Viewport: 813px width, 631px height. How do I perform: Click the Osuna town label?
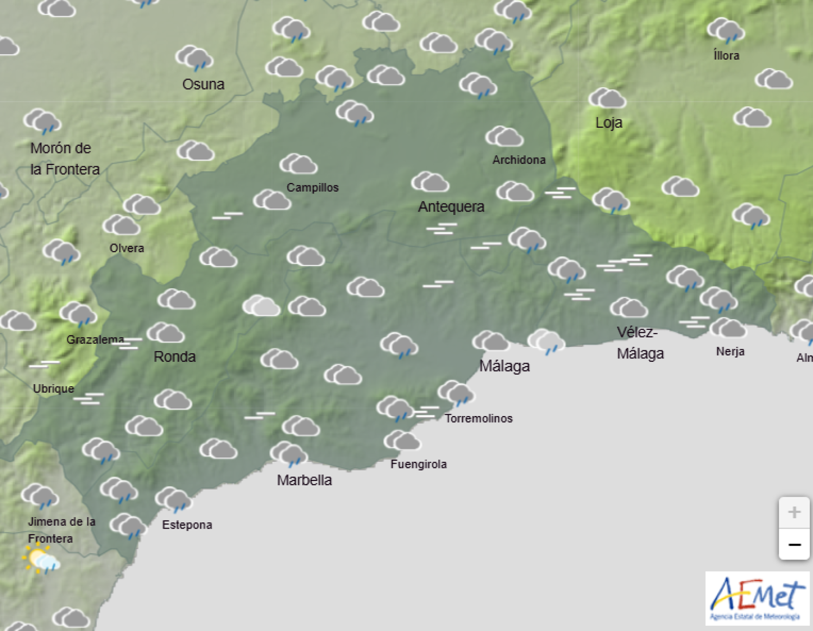[203, 84]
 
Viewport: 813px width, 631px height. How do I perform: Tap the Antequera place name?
[451, 207]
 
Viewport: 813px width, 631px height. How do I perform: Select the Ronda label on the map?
[174, 356]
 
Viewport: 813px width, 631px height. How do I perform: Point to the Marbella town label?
[304, 480]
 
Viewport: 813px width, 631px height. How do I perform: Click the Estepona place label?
[187, 525]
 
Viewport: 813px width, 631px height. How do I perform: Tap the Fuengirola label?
[418, 464]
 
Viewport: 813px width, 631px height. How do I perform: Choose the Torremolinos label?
[478, 418]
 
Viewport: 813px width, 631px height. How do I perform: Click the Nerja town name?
[730, 352]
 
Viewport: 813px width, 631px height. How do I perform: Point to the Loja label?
[609, 123]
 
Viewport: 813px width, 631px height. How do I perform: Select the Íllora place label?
[726, 56]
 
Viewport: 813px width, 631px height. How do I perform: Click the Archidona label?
[518, 160]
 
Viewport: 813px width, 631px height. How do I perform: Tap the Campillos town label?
[312, 188]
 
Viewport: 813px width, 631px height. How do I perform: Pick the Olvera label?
[126, 248]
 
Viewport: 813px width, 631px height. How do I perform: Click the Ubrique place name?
[53, 389]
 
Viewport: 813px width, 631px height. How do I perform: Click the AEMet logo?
[757, 598]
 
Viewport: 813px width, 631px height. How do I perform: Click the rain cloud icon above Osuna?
[194, 59]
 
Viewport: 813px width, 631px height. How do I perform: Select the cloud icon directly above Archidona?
[505, 137]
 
